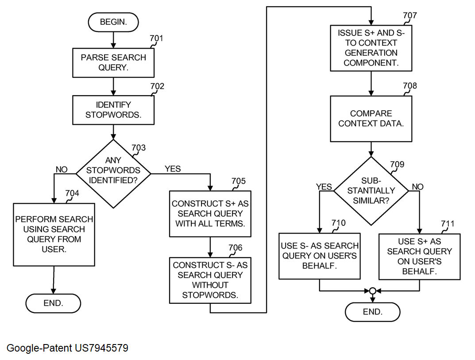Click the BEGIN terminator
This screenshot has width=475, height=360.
click(114, 22)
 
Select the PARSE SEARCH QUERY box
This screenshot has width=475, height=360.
click(113, 62)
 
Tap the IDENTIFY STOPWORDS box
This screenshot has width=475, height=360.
click(113, 110)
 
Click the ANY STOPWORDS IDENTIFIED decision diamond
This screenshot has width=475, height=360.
click(113, 174)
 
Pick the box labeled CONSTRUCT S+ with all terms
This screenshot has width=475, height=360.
click(210, 213)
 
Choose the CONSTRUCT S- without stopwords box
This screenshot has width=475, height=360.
click(210, 280)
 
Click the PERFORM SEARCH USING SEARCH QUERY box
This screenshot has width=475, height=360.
click(54, 234)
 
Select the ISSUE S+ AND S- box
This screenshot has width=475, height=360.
click(371, 48)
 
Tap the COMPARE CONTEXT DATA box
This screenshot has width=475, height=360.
click(371, 119)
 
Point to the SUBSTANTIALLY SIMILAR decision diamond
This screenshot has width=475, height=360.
click(371, 191)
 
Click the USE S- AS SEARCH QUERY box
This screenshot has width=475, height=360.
click(320, 255)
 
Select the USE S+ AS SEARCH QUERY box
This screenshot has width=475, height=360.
click(419, 256)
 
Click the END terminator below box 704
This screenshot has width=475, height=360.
click(53, 303)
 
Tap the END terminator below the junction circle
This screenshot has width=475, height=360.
click(372, 312)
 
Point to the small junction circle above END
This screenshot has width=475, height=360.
click(372, 291)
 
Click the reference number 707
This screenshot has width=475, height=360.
click(409, 16)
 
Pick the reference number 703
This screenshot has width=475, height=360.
click(139, 148)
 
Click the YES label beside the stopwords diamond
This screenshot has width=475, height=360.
click(173, 169)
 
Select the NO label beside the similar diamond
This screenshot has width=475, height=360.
click(417, 187)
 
